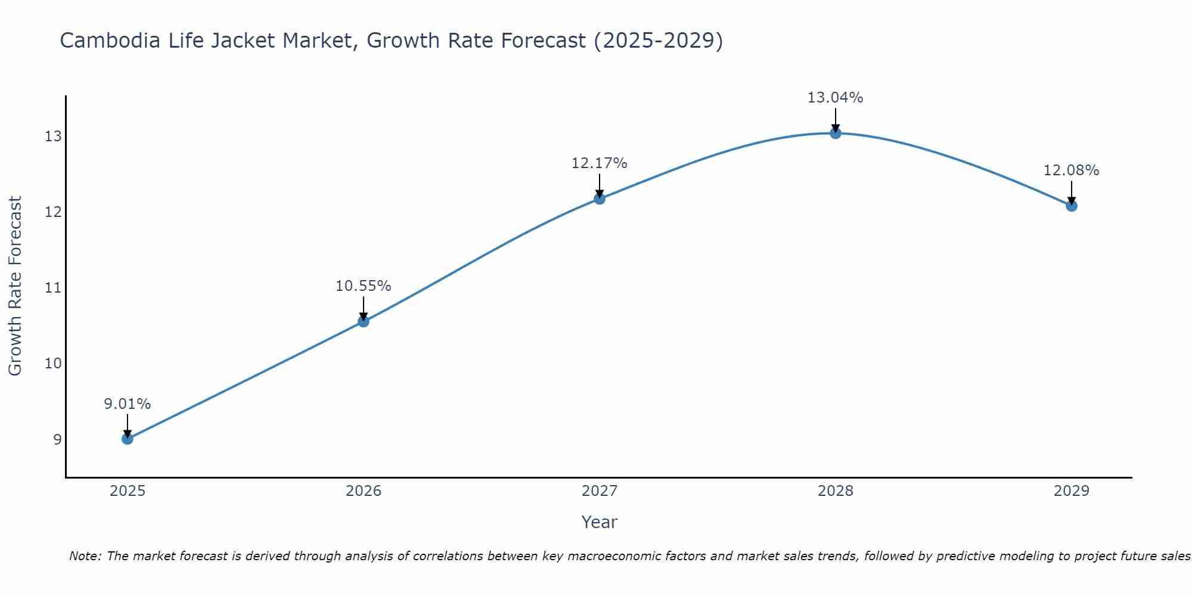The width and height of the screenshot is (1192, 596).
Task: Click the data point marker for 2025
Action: [x=128, y=439]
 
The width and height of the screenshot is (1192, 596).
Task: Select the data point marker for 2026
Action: [x=364, y=322]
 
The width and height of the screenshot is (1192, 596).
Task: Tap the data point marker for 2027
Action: [x=600, y=198]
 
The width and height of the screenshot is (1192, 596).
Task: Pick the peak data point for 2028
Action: [x=836, y=133]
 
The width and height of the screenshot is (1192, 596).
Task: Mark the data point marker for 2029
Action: [x=1072, y=206]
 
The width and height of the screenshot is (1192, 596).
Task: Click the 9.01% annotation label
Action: [x=128, y=404]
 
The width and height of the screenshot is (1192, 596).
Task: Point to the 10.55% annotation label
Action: [x=364, y=286]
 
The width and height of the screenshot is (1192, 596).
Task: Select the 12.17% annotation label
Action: [x=600, y=163]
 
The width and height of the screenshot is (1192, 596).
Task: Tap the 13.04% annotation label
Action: [x=836, y=98]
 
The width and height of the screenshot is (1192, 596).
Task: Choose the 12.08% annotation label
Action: [x=1072, y=170]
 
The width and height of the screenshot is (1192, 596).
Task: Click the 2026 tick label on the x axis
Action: [x=364, y=491]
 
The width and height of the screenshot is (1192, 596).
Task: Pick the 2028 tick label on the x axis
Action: [x=836, y=491]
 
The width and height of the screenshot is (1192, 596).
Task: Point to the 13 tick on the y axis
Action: [x=53, y=136]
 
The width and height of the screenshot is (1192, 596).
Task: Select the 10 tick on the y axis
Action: [x=53, y=364]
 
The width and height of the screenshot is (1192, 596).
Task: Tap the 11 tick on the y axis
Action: [x=53, y=288]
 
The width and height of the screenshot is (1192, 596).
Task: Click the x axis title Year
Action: [x=600, y=522]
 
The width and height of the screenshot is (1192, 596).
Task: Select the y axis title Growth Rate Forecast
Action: [x=15, y=286]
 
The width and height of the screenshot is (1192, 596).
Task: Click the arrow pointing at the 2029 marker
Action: [x=1072, y=192]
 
